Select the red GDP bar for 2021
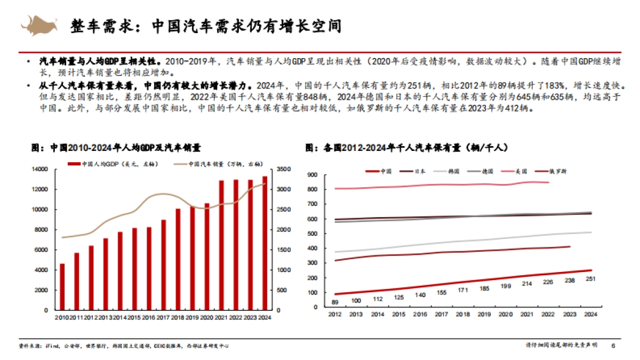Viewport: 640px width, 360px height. pyautogui.click(x=221, y=245)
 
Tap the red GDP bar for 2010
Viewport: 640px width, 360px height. pyautogui.click(x=62, y=286)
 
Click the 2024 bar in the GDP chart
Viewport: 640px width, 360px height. pyautogui.click(x=265, y=243)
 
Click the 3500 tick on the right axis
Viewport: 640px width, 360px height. pyautogui.click(x=283, y=170)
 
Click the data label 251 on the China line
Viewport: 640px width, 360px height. pyautogui.click(x=590, y=279)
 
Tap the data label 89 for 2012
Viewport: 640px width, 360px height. pyautogui.click(x=335, y=302)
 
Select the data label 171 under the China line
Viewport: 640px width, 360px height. pyautogui.click(x=463, y=290)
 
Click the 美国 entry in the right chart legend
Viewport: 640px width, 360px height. pyautogui.click(x=520, y=171)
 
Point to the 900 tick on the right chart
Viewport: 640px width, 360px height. pyautogui.click(x=313, y=174)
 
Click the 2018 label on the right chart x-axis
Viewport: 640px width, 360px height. pyautogui.click(x=463, y=315)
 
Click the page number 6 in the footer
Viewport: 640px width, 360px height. pyautogui.click(x=613, y=346)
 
